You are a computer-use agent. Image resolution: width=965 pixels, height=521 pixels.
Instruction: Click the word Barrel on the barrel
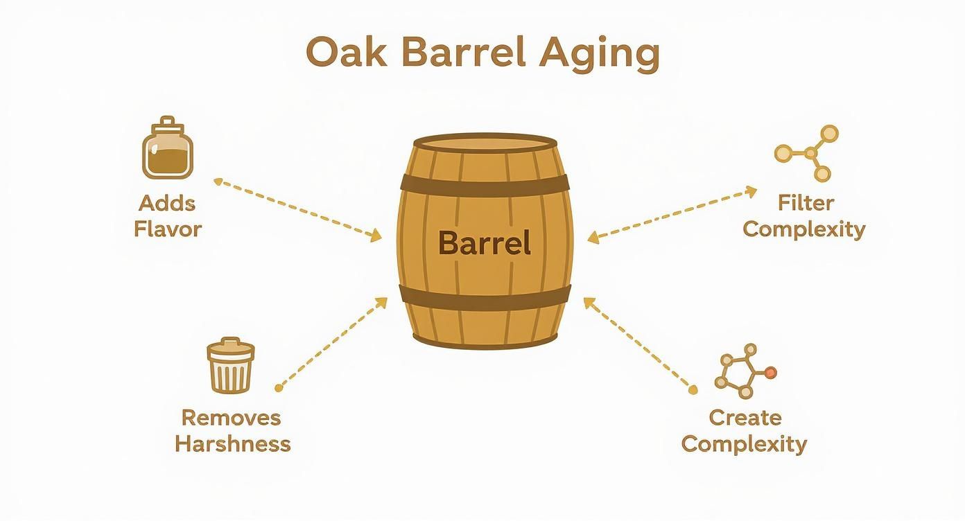tap(485, 243)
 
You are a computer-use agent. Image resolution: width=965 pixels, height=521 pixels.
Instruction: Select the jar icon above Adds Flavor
tap(167, 148)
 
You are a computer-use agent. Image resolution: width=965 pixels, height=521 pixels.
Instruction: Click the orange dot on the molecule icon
tap(770, 373)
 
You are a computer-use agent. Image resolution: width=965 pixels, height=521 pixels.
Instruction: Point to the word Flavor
tap(167, 229)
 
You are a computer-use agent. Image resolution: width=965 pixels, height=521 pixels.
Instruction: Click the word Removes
tap(231, 418)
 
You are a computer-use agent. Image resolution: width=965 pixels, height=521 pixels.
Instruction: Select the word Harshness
tap(232, 443)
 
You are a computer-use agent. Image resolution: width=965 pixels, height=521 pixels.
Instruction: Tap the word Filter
tap(806, 203)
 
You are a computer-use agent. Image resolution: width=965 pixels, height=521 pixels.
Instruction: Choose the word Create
tap(745, 418)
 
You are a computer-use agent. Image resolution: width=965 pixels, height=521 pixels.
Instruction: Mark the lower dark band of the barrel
tap(485, 296)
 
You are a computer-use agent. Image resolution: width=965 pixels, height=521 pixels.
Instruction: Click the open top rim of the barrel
tap(485, 142)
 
